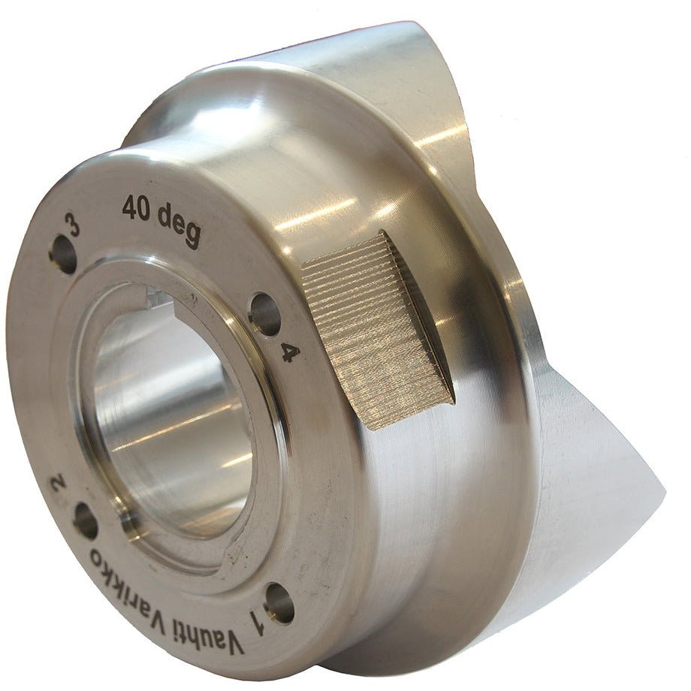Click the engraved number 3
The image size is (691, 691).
point(73,225)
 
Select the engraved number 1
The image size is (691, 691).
point(257,621)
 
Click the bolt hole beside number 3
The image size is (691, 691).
point(63,255)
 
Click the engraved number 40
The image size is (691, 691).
point(137,209)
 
